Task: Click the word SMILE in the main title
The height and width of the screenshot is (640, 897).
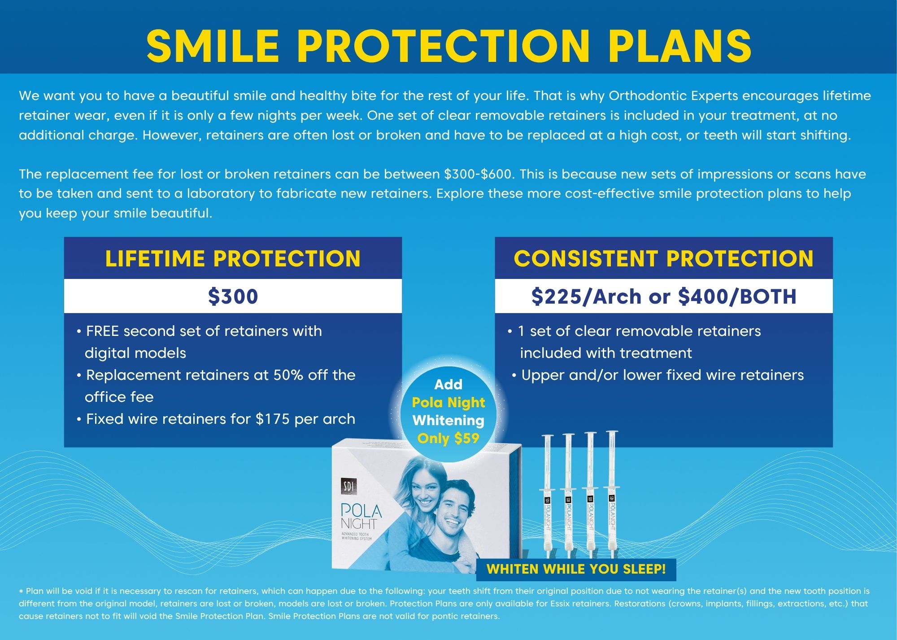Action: click(x=213, y=46)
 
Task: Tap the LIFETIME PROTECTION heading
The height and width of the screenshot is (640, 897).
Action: click(x=233, y=258)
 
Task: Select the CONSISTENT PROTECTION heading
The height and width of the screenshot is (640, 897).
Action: click(x=664, y=258)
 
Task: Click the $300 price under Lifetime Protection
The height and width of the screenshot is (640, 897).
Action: click(x=233, y=296)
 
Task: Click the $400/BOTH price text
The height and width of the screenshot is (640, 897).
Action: click(x=737, y=296)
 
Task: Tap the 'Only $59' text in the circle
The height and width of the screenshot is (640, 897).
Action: click(x=448, y=438)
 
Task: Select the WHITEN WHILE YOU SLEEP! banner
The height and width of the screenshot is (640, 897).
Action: click(x=576, y=569)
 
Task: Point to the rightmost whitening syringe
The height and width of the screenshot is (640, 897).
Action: click(x=612, y=496)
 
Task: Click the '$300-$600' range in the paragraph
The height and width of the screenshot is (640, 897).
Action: click(x=478, y=174)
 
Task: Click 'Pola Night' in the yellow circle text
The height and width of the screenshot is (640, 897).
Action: click(x=448, y=402)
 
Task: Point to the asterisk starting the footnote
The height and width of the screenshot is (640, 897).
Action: click(x=21, y=592)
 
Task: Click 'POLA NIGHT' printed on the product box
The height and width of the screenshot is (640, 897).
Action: click(x=361, y=516)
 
